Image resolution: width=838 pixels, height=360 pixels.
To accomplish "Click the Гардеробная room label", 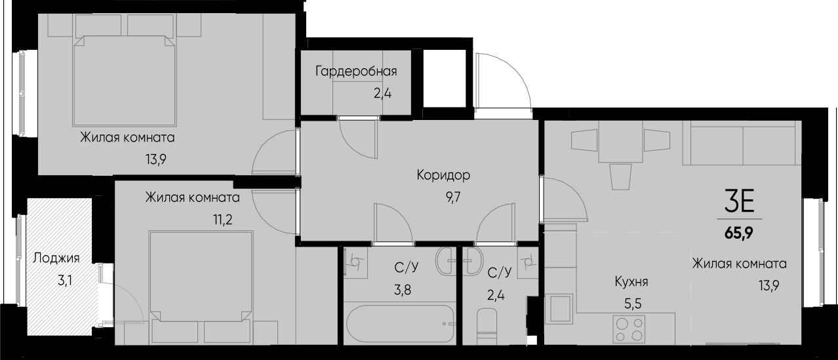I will pyautogui.click(x=356, y=71).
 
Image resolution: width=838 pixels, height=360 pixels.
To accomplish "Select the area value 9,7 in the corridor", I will pyautogui.click(x=454, y=196).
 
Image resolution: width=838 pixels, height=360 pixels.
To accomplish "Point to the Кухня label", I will pyautogui.click(x=631, y=282).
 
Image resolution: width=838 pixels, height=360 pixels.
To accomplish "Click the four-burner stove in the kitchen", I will pyautogui.click(x=628, y=328).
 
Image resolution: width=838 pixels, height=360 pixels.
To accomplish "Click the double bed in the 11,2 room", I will pyautogui.click(x=201, y=282).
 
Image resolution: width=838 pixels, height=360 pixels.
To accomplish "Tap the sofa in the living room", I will pyautogui.click(x=742, y=144).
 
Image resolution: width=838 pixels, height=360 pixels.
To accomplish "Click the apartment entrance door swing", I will pyautogui.click(x=503, y=82).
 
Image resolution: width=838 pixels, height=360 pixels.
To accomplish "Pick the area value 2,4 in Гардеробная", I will pyautogui.click(x=383, y=93).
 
